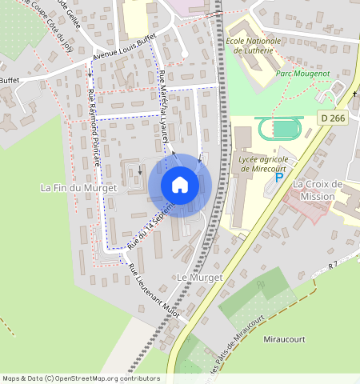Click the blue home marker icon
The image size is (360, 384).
click(180, 185)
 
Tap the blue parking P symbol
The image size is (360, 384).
click(278, 178)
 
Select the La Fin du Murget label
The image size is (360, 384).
click(78, 187)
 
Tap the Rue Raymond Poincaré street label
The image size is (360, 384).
click(94, 127)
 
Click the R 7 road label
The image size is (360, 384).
click(334, 263)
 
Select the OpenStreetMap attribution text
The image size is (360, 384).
click(80, 378)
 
